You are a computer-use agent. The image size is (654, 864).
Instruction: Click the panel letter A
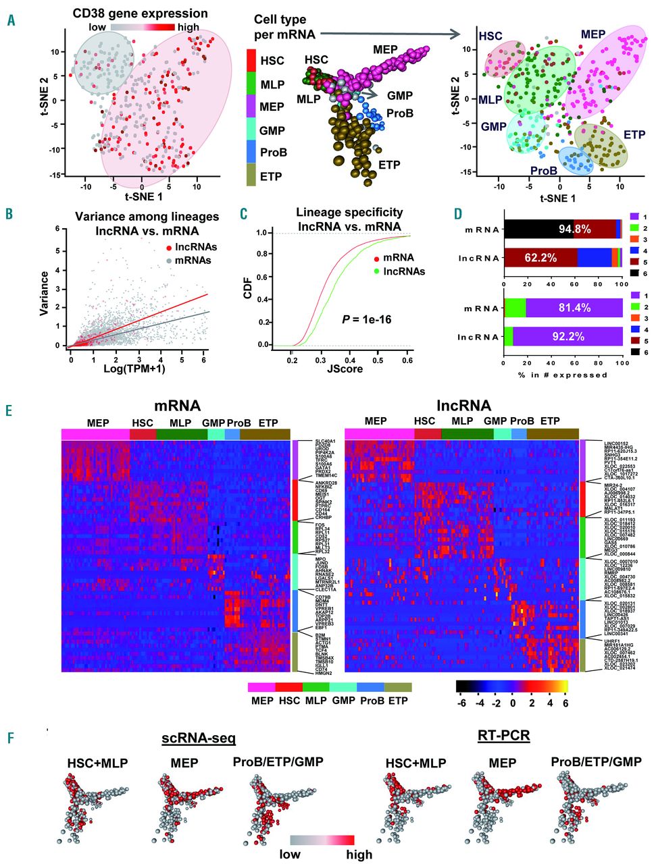coord(9,20)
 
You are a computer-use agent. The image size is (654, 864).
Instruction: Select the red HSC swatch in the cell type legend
coord(251,61)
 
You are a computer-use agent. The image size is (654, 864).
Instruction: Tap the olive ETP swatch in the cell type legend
coord(251,176)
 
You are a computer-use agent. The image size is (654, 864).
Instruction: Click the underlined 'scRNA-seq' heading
coord(199,738)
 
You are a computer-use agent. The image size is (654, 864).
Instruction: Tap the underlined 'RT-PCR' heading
coord(503,735)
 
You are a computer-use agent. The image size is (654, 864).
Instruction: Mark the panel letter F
coord(9,738)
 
